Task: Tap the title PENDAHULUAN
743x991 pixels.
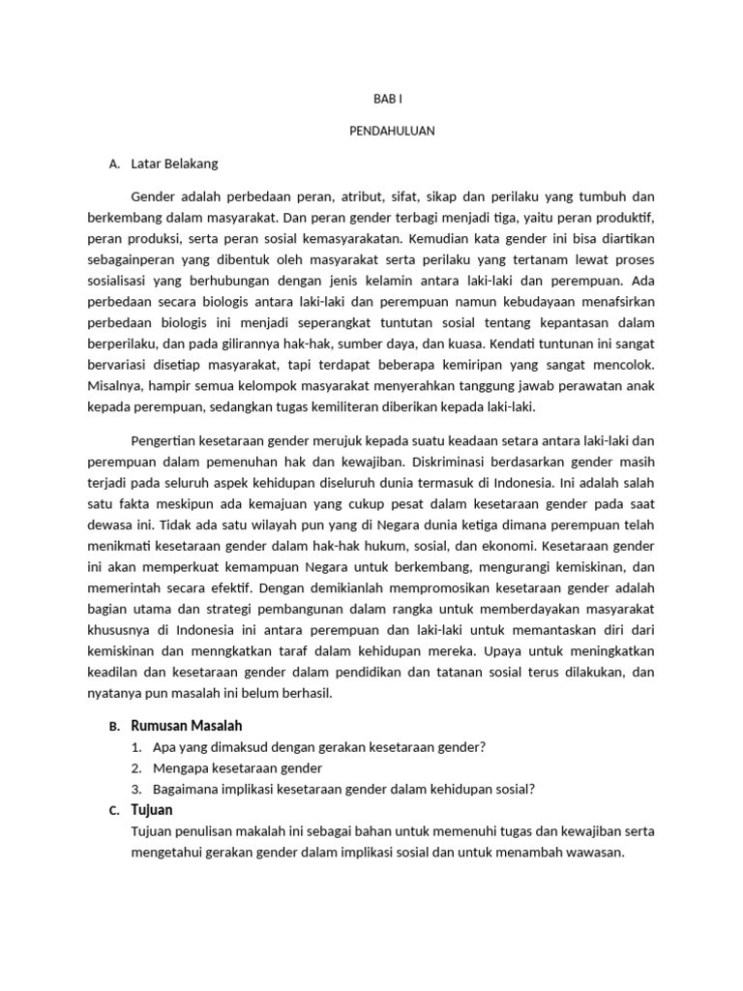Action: point(392,132)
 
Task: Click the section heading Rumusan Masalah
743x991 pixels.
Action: point(186,725)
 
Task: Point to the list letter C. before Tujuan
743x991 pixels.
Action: point(114,811)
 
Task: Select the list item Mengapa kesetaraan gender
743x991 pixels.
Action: point(237,767)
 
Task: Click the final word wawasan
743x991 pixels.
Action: point(598,853)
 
